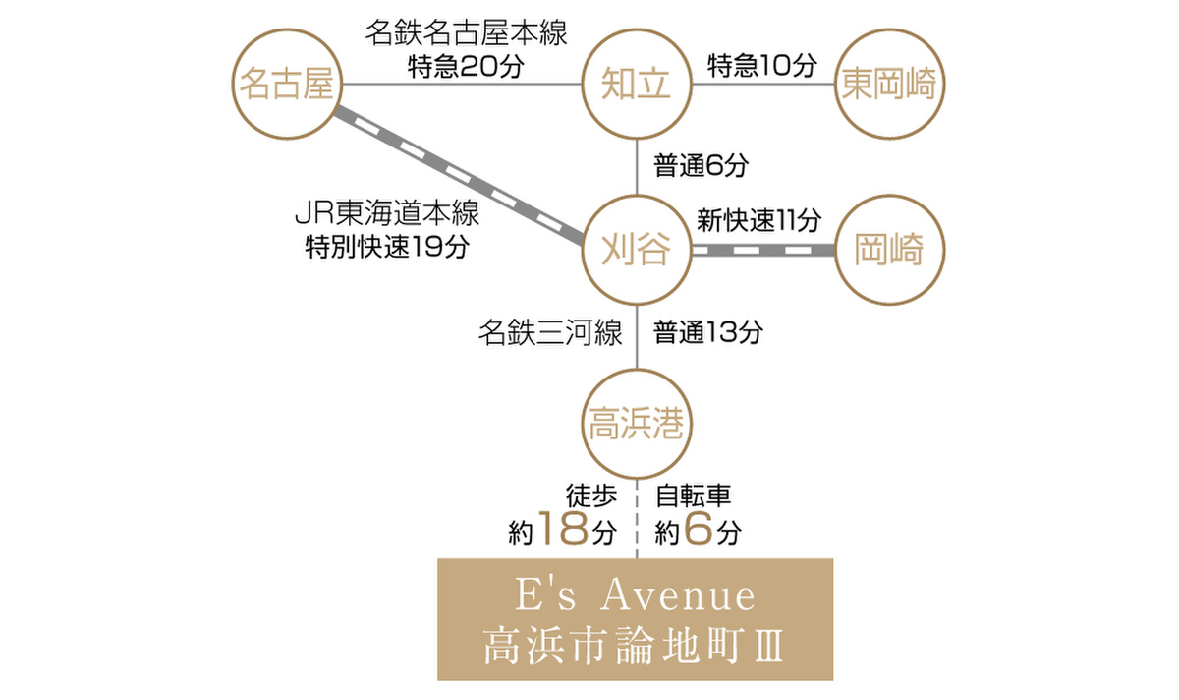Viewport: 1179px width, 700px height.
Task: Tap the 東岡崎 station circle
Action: [889, 86]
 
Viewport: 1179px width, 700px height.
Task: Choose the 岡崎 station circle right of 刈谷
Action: [889, 250]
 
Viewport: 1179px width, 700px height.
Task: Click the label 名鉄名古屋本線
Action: [467, 33]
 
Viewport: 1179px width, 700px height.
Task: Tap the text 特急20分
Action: [467, 67]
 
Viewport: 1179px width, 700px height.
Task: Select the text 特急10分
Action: [762, 66]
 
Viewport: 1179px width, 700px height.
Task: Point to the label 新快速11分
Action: [758, 219]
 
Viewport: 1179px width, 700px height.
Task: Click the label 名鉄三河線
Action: [550, 333]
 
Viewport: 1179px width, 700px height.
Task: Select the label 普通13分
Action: [708, 333]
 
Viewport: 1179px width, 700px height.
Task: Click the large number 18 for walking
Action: [563, 531]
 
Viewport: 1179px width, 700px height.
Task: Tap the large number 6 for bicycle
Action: [697, 531]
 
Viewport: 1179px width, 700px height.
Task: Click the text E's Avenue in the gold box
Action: [635, 596]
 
